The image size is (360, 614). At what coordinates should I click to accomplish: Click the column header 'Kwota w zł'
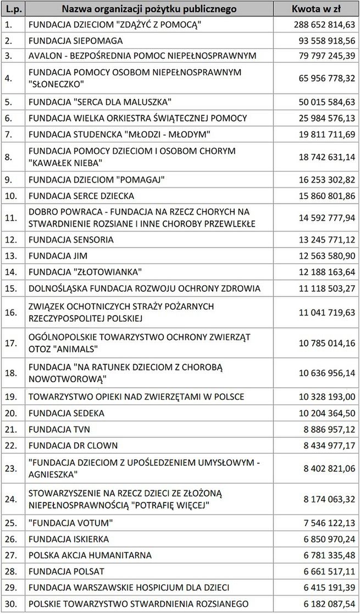[x=316, y=9]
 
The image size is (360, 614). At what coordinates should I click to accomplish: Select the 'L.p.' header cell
[x=13, y=9]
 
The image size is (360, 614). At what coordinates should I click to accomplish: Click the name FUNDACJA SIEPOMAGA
[x=76, y=41]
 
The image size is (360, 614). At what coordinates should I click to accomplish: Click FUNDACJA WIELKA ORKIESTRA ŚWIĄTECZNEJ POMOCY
[x=137, y=118]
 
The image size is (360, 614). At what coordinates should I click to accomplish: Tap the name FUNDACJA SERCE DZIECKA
[x=81, y=196]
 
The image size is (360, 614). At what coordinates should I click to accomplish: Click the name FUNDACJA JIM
[x=58, y=256]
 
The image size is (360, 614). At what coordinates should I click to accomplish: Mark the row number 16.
[x=10, y=312]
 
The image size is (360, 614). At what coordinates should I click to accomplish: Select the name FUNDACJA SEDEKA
[x=67, y=413]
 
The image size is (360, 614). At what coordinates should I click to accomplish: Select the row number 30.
[x=10, y=603]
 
